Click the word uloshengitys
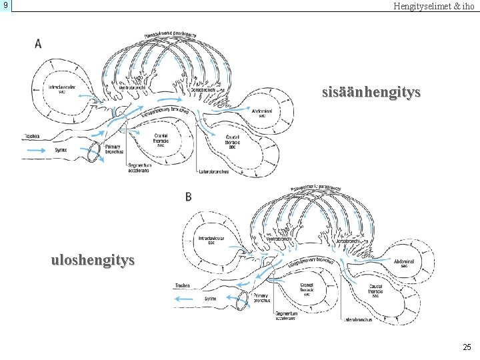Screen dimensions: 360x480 tap(93, 259)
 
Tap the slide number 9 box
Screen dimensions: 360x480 tap(5, 6)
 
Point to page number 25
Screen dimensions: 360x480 tap(466, 347)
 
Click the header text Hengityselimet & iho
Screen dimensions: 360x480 tap(433, 6)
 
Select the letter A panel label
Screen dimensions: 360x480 tap(38, 44)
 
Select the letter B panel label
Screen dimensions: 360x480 tap(189, 197)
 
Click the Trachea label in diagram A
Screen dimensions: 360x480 tap(32, 136)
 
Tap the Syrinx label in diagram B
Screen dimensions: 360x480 tap(210, 299)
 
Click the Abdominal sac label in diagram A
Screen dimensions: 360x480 tap(262, 112)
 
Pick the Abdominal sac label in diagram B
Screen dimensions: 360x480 tap(404, 263)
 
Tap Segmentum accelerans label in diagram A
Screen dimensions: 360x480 tap(139, 168)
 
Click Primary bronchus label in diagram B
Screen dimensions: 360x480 tap(261, 299)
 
